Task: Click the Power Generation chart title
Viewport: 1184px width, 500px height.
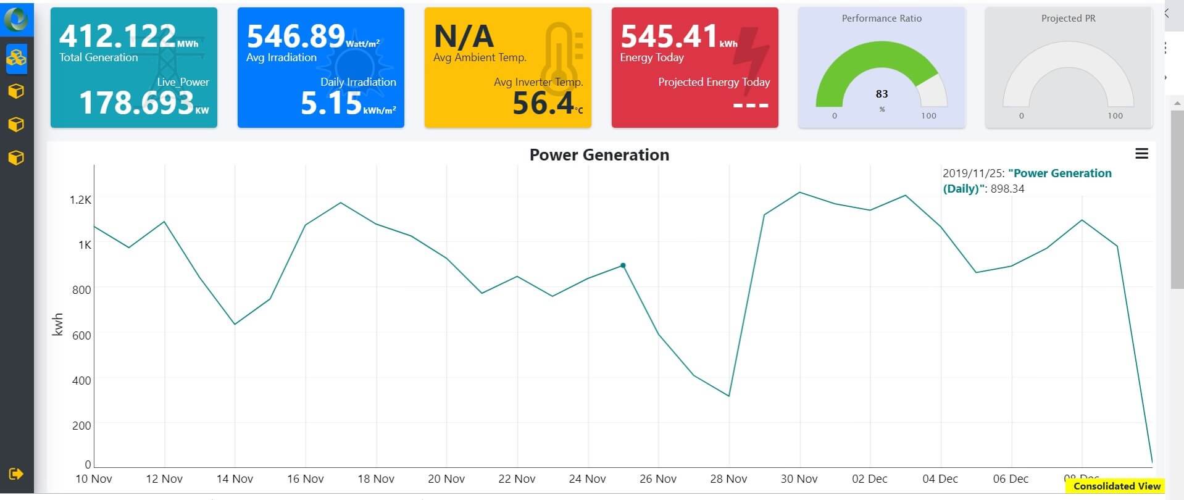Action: pyautogui.click(x=599, y=155)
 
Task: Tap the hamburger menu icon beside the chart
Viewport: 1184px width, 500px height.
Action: pyautogui.click(x=1141, y=154)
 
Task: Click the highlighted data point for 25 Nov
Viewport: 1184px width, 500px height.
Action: pyautogui.click(x=623, y=265)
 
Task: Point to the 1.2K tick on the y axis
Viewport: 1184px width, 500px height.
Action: pyautogui.click(x=80, y=200)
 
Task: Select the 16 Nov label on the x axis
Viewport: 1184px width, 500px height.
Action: pyautogui.click(x=305, y=479)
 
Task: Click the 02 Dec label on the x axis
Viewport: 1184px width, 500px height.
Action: pyautogui.click(x=869, y=479)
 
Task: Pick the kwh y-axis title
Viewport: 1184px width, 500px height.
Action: pyautogui.click(x=58, y=324)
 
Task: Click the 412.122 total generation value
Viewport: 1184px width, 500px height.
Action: pyautogui.click(x=117, y=36)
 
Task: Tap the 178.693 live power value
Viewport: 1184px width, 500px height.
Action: pyautogui.click(x=136, y=103)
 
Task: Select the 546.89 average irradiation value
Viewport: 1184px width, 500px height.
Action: pyautogui.click(x=296, y=36)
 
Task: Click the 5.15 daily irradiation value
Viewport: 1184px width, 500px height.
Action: pyautogui.click(x=331, y=103)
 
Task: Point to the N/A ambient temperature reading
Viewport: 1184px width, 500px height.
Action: pyautogui.click(x=464, y=36)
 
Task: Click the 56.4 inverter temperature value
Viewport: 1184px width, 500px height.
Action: pyautogui.click(x=543, y=103)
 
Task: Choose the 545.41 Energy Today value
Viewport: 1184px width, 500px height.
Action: pyautogui.click(x=669, y=36)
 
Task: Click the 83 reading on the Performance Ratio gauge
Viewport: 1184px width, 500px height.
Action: pyautogui.click(x=882, y=94)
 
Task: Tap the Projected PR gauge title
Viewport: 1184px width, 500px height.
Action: pyautogui.click(x=1068, y=19)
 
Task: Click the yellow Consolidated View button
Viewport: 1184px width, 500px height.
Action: pyautogui.click(x=1117, y=486)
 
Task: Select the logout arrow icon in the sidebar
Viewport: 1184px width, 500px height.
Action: pyautogui.click(x=16, y=474)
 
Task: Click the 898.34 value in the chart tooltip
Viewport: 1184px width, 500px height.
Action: pyautogui.click(x=1007, y=189)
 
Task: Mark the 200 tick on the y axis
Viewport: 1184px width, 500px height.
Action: pyautogui.click(x=81, y=426)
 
